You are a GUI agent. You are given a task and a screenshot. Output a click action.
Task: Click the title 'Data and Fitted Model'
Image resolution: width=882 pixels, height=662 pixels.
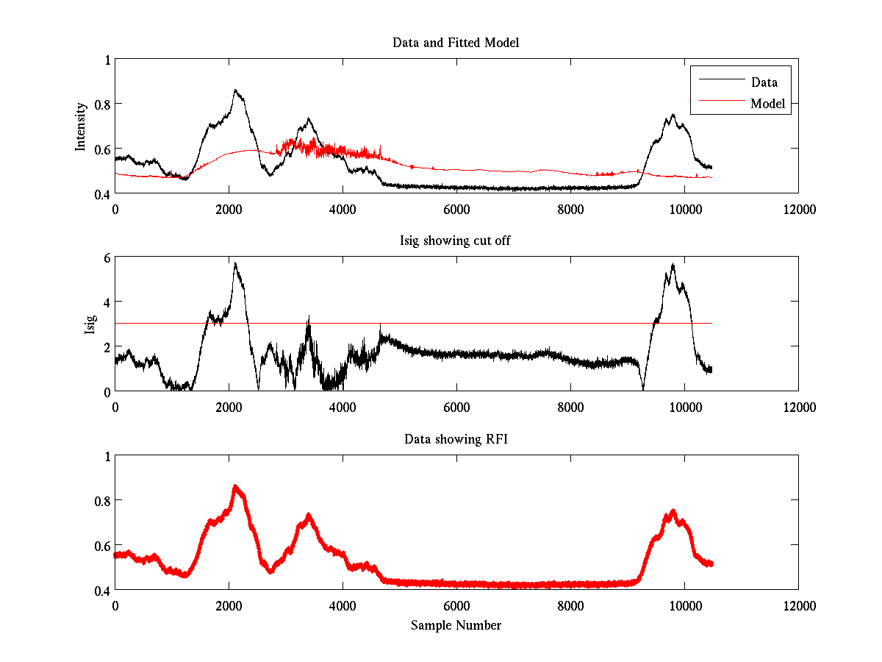[x=456, y=43]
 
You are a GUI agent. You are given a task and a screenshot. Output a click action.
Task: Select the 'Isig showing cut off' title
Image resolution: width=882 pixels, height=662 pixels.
[x=456, y=241]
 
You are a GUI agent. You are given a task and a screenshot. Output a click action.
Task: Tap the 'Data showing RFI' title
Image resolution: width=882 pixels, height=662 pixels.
[x=456, y=439]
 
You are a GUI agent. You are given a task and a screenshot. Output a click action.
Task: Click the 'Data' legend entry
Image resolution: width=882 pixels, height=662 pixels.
[x=764, y=82]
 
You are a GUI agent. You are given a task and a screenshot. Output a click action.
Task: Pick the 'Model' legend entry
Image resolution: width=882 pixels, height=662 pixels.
[x=767, y=104]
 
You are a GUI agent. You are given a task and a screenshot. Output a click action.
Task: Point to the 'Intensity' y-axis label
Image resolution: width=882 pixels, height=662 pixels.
[x=81, y=126]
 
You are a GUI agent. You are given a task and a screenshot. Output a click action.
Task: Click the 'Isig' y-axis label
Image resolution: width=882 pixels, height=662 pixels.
[x=90, y=324]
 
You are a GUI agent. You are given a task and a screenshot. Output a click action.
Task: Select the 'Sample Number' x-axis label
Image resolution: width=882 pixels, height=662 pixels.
[x=456, y=625]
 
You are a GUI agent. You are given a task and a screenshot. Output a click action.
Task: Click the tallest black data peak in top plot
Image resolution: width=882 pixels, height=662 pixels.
[x=235, y=90]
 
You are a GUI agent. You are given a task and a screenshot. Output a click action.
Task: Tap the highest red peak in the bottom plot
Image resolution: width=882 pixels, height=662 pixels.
[x=235, y=486]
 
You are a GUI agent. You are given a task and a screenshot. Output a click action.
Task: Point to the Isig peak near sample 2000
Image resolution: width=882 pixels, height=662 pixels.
[x=235, y=263]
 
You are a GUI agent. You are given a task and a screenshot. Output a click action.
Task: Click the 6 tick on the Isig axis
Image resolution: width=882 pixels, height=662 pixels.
[x=107, y=257]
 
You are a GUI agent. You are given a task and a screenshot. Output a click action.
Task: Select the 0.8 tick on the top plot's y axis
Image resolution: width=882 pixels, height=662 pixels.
[x=102, y=104]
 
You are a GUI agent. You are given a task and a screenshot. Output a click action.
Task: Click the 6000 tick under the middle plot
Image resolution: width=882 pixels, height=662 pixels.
[x=456, y=407]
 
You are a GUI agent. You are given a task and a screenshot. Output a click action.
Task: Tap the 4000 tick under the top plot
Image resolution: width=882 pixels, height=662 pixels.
[x=343, y=209]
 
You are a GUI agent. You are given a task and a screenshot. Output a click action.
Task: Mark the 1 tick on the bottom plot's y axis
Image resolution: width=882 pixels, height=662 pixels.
[x=107, y=455]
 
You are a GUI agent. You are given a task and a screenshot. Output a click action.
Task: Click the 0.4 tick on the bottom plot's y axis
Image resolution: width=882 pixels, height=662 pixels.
[x=102, y=590]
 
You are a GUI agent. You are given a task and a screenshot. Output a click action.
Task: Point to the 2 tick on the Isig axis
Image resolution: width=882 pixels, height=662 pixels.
[x=107, y=346]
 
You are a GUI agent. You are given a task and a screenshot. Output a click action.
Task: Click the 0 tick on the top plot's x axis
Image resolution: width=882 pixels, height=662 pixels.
[x=115, y=209]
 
